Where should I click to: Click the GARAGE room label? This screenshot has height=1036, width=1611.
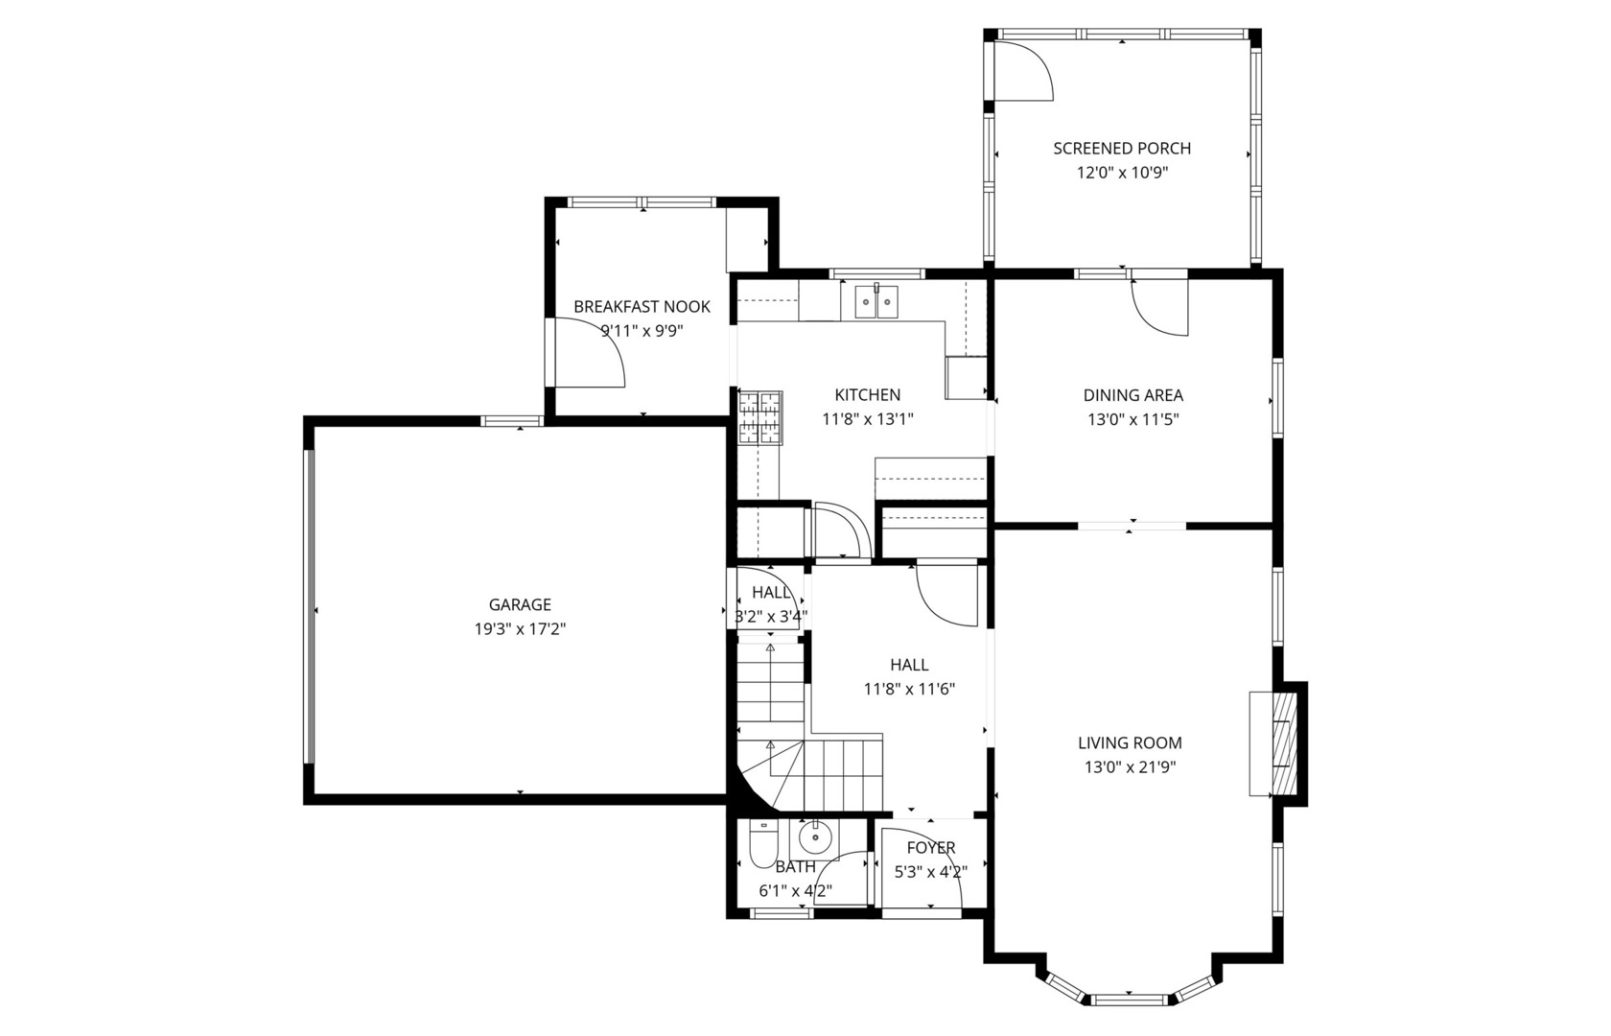pyautogui.click(x=520, y=605)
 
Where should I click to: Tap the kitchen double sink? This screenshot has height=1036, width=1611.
pyautogui.click(x=876, y=301)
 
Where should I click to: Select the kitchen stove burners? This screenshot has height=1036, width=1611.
pyautogui.click(x=760, y=418)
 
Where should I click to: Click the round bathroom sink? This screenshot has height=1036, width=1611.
pyautogui.click(x=815, y=836)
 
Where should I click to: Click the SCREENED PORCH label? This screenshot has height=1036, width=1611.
pyautogui.click(x=1122, y=149)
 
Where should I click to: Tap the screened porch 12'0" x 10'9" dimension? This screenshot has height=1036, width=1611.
pyautogui.click(x=1122, y=174)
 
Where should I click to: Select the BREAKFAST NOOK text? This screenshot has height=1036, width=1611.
pyautogui.click(x=642, y=307)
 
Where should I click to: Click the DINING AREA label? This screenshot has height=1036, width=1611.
pyautogui.click(x=1132, y=395)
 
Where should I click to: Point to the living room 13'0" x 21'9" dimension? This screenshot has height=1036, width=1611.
pyautogui.click(x=1130, y=767)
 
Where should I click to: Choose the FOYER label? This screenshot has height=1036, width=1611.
pyautogui.click(x=930, y=848)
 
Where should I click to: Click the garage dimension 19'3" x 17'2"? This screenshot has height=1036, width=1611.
pyautogui.click(x=520, y=629)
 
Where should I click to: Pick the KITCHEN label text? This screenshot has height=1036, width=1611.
pyautogui.click(x=867, y=395)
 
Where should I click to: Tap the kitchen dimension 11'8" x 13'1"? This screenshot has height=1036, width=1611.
pyautogui.click(x=867, y=419)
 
